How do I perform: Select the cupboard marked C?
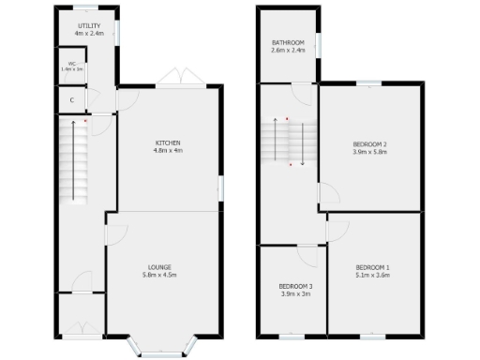click(x=72, y=98)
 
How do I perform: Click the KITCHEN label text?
click(x=169, y=142)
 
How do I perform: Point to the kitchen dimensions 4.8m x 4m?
click(x=169, y=150)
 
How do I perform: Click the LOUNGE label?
click(x=158, y=267)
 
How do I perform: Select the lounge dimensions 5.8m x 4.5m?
click(x=158, y=275)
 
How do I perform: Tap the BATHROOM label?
click(x=288, y=42)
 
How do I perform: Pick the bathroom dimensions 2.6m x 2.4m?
click(x=288, y=50)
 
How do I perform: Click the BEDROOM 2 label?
click(x=369, y=143)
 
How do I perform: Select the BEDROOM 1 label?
click(x=372, y=268)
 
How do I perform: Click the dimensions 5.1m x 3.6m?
click(x=372, y=276)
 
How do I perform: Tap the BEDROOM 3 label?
click(x=296, y=286)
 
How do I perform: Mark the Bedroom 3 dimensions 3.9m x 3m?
click(x=296, y=293)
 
